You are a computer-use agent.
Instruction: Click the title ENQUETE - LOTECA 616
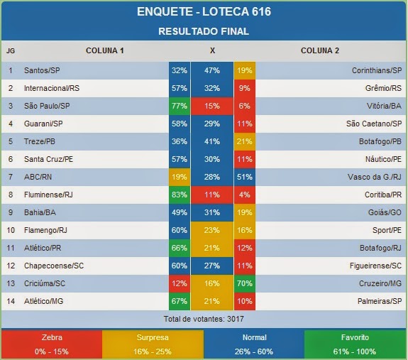coord(204,12)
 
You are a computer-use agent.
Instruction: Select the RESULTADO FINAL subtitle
coord(204,31)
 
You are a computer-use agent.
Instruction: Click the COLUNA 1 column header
coord(104,50)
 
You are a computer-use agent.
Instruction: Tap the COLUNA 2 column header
coord(320,50)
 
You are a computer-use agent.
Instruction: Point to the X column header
coord(212,50)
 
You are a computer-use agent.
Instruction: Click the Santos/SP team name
coord(42,71)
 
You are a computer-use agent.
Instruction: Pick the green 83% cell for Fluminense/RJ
coord(179,195)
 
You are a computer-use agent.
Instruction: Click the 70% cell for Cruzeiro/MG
coord(245,283)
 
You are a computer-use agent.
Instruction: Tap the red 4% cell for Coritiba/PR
coord(245,195)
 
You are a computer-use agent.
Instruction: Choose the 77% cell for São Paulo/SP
coord(179,106)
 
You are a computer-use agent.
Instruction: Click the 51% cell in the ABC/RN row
coord(245,177)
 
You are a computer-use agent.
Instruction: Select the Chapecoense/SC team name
coord(53,266)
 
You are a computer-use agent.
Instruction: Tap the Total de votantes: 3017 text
coord(204,318)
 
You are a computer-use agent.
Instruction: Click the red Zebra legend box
coord(51,344)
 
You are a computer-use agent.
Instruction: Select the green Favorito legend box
coord(356,344)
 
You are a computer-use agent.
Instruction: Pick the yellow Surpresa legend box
coord(153,344)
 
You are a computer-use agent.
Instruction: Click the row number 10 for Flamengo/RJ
coord(11,230)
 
